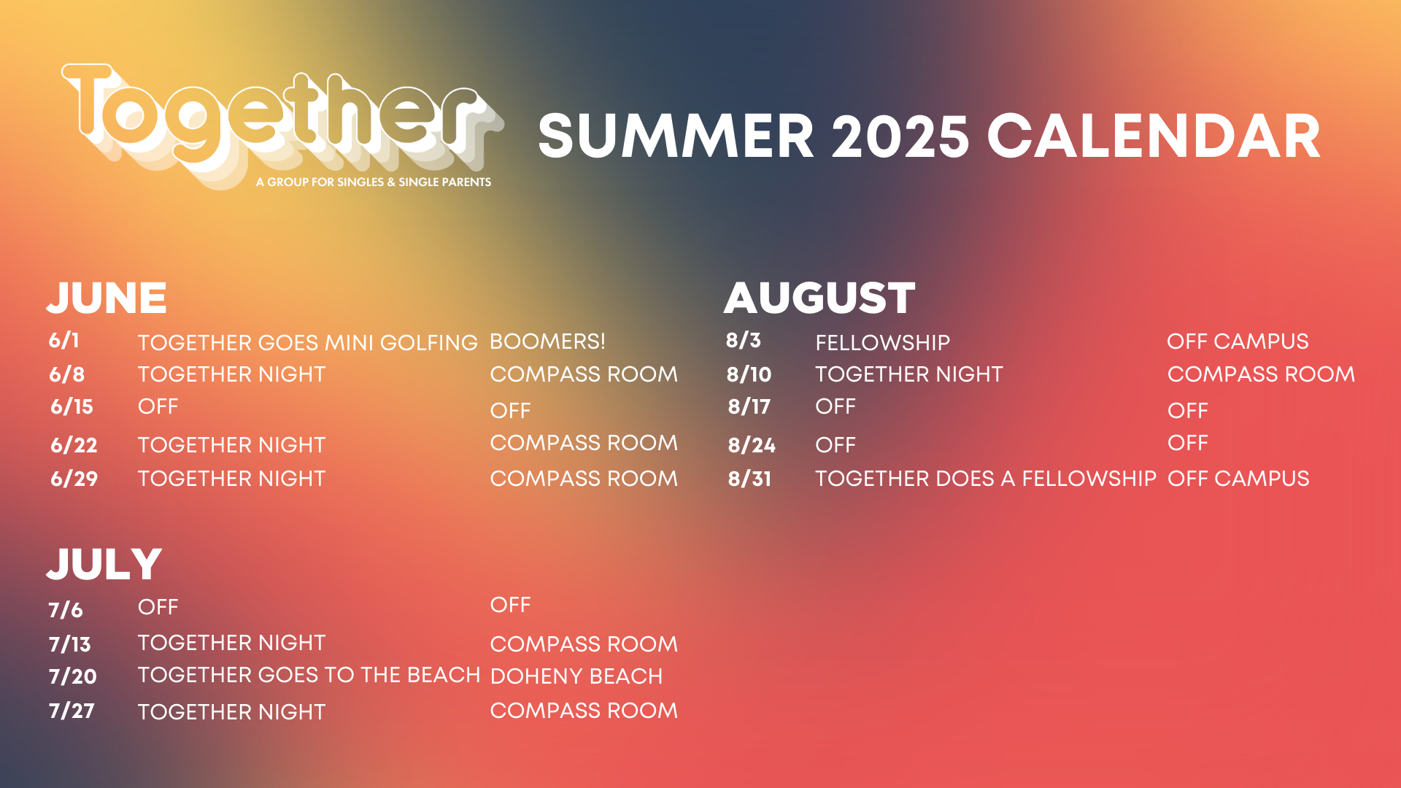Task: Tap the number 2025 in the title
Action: click(900, 136)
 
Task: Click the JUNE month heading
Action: click(107, 298)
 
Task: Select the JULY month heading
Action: click(104, 564)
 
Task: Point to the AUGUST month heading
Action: click(819, 298)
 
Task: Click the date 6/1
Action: click(64, 340)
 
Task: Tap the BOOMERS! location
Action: click(547, 341)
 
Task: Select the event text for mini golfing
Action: click(307, 343)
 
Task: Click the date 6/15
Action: click(72, 406)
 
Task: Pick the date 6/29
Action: click(74, 479)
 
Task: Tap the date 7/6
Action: click(66, 610)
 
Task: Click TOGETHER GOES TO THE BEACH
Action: click(309, 675)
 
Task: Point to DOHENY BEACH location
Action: click(576, 676)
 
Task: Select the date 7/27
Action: click(72, 711)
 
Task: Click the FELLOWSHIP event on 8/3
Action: click(883, 343)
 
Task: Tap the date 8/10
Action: click(749, 374)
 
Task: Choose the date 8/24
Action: click(752, 445)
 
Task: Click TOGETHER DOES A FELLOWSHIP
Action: click(986, 479)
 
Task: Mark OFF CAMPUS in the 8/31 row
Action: click(1238, 479)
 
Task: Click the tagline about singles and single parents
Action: click(374, 182)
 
